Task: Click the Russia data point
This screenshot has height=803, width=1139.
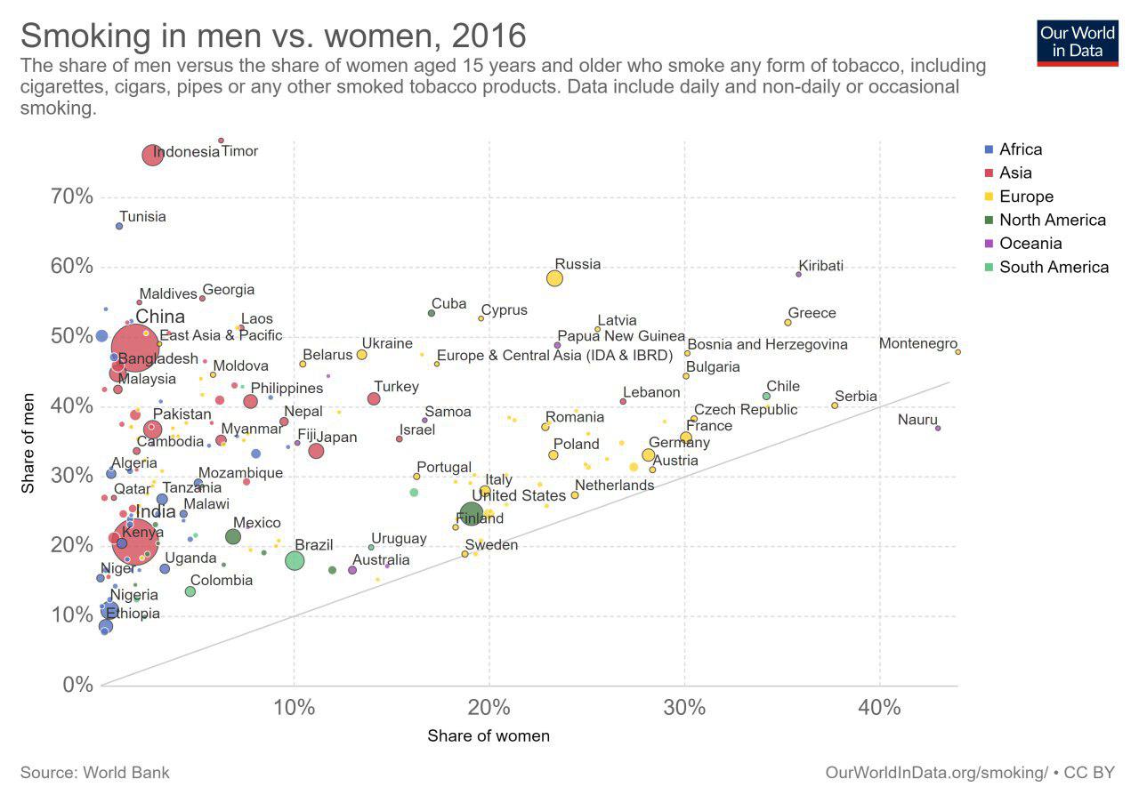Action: (554, 278)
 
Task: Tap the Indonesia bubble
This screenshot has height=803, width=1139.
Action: (152, 155)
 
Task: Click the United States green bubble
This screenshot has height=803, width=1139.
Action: (472, 513)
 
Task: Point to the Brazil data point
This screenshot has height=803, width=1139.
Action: (295, 560)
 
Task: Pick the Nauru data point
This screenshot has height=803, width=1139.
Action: (938, 428)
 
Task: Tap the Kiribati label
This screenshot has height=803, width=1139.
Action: (820, 266)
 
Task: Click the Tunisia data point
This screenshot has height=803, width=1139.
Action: (119, 226)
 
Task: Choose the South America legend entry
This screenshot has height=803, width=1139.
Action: (1054, 267)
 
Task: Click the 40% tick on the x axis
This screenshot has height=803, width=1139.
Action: (879, 708)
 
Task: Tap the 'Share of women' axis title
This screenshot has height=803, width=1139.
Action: (489, 735)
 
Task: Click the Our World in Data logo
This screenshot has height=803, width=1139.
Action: (1078, 41)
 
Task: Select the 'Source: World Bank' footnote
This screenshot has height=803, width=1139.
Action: (94, 772)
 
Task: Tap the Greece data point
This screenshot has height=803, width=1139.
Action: (788, 322)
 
